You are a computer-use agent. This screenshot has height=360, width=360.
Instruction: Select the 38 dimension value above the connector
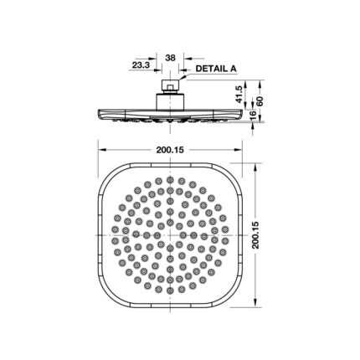170,59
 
